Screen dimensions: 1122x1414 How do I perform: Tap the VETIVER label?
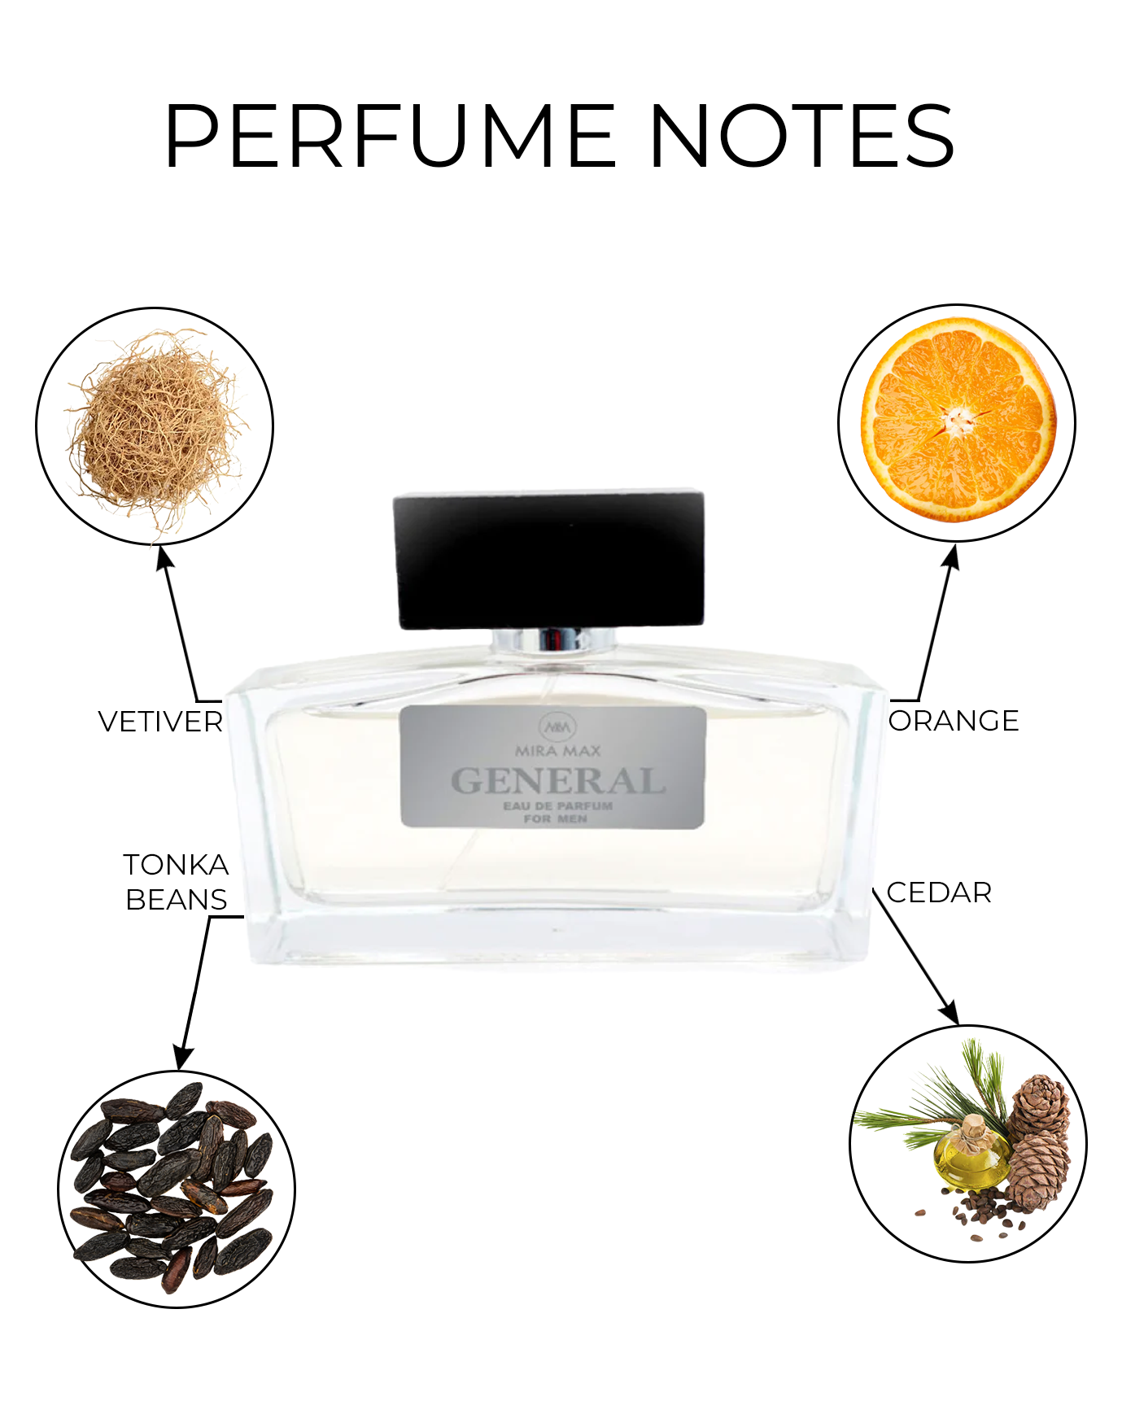click(160, 722)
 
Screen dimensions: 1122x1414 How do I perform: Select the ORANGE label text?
click(954, 721)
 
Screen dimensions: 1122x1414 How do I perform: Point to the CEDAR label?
click(939, 892)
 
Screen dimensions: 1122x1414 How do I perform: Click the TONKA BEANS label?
click(177, 882)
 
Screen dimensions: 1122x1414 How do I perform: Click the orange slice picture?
click(958, 420)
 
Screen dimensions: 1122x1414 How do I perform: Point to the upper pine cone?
click(1039, 1104)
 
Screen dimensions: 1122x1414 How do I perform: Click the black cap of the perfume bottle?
click(549, 559)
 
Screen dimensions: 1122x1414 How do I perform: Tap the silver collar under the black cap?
click(554, 640)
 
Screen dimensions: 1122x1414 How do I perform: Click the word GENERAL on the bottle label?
click(558, 781)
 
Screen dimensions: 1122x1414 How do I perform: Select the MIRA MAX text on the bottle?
click(558, 750)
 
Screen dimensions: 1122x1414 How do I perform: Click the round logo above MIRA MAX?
click(557, 727)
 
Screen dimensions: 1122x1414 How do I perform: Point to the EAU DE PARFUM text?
click(557, 805)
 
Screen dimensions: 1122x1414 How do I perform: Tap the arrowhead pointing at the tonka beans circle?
click(183, 1058)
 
